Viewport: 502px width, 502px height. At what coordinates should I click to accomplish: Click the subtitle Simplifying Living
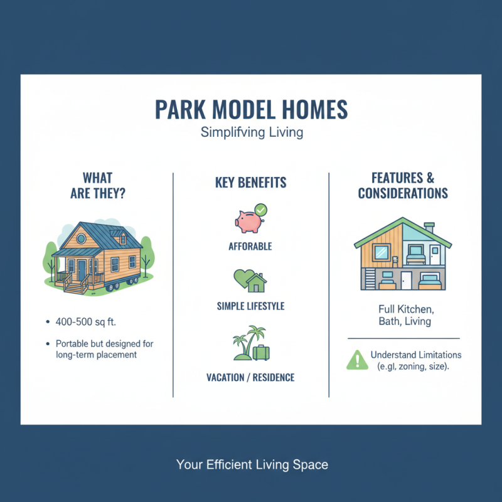click(x=251, y=133)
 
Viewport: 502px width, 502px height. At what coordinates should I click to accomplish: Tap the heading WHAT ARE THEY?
click(x=97, y=185)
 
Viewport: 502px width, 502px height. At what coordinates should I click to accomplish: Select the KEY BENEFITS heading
click(x=250, y=183)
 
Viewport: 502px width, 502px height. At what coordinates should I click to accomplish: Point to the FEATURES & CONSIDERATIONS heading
click(x=403, y=185)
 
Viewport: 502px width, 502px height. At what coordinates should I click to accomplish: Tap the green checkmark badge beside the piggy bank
click(x=260, y=210)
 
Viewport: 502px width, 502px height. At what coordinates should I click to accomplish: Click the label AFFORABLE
click(x=250, y=247)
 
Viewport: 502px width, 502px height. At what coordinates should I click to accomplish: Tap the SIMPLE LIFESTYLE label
click(x=250, y=306)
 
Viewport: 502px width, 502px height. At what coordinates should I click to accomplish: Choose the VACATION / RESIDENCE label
click(x=250, y=378)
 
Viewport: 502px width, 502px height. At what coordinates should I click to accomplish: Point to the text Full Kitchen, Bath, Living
click(x=403, y=315)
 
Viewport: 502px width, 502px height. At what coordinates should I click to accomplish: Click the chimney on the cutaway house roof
click(x=429, y=226)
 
